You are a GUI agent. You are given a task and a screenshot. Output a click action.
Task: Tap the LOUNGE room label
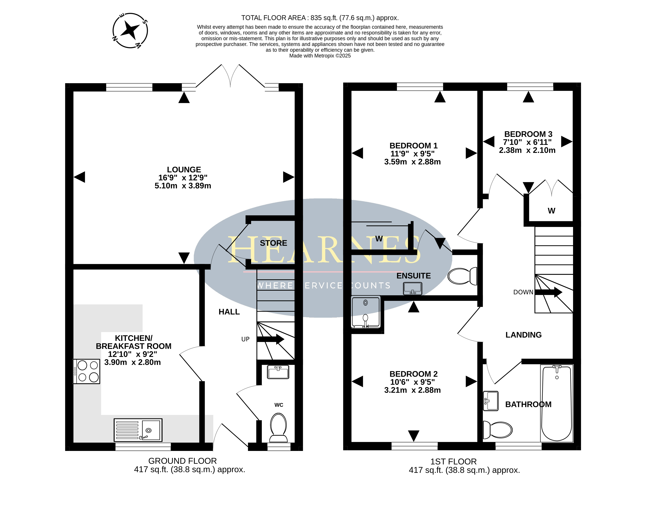coord(184,170)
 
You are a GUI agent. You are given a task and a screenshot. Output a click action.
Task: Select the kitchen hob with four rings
coord(87,371)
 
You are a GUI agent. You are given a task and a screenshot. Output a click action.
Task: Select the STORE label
coord(273,243)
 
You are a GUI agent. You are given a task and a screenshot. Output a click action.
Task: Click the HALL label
coord(229,312)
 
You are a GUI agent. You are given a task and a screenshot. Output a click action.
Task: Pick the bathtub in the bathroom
coord(557,403)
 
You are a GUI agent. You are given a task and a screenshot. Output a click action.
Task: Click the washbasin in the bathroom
coord(491,401)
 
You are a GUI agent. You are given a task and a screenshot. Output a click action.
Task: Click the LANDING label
coord(523,335)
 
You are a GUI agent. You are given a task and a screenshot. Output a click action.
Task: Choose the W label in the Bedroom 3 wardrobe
coord(551,211)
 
